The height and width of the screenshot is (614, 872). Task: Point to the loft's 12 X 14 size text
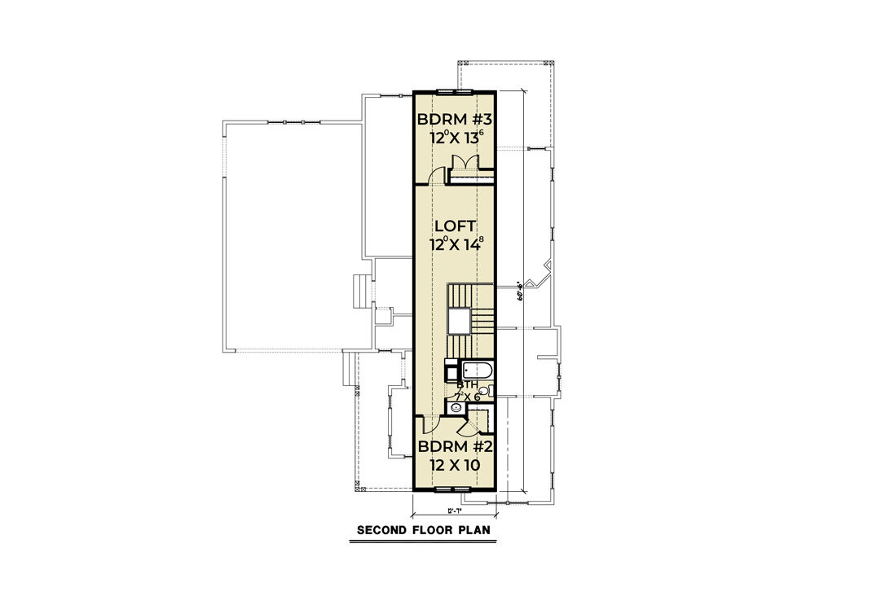click(x=457, y=243)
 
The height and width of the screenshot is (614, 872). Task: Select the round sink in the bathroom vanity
click(x=456, y=407)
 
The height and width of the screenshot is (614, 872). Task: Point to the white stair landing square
click(x=459, y=322)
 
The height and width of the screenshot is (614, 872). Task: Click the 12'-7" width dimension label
click(x=455, y=511)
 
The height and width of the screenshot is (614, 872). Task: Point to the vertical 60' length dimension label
click(x=519, y=291)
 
